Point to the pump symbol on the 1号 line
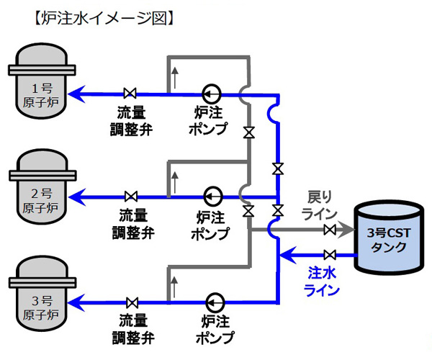click(211, 93)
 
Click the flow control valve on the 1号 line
click(130, 93)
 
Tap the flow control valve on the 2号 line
click(132, 196)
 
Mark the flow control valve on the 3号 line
click(132, 301)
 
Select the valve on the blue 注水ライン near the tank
click(330, 255)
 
